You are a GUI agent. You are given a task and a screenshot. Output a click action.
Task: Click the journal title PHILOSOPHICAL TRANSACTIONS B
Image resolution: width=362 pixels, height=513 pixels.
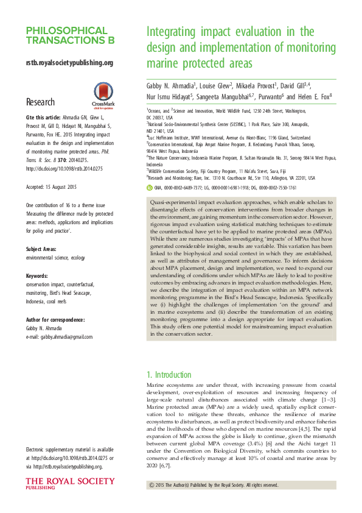coord(71,35)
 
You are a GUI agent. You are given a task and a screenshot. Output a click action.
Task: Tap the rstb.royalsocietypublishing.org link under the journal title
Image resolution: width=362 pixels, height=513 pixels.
coord(69,62)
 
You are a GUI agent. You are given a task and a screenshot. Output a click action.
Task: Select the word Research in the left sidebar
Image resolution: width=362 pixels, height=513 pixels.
coord(40,102)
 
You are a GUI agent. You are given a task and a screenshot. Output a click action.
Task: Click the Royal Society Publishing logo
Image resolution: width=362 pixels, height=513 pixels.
coord(69,484)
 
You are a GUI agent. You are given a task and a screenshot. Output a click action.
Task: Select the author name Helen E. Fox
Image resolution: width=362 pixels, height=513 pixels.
coord(312,96)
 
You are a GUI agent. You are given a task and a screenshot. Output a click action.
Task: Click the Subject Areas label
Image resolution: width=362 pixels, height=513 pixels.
coord(43,249)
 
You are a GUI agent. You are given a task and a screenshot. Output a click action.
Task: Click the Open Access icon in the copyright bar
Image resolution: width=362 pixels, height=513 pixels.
coord(151,485)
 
